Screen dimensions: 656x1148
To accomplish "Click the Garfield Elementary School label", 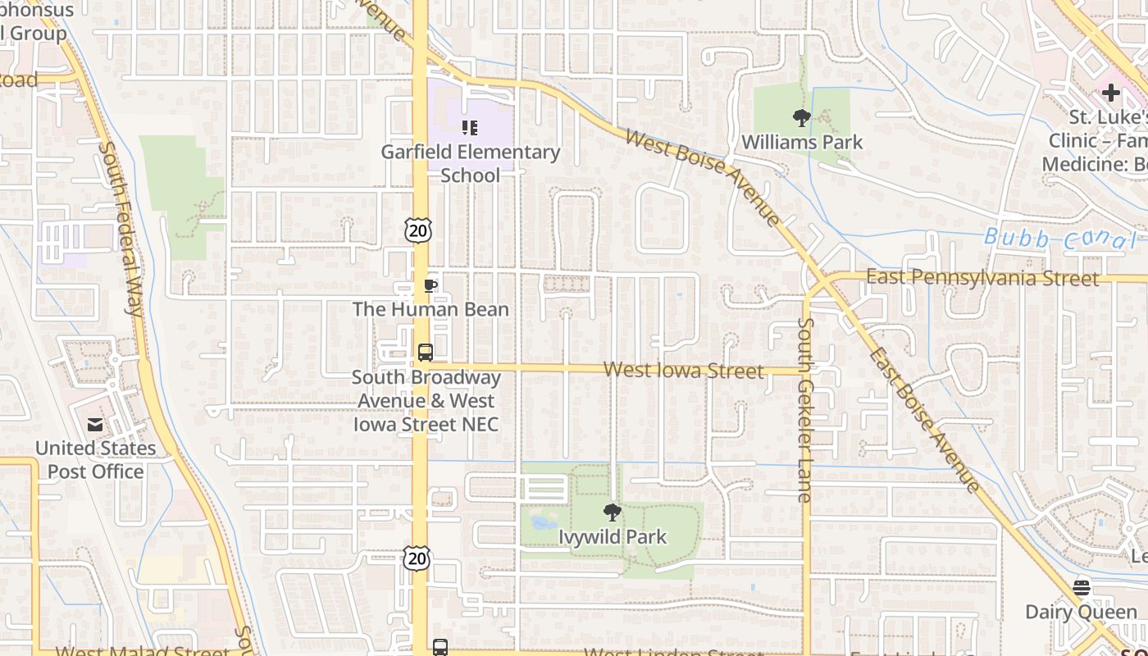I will (470, 163).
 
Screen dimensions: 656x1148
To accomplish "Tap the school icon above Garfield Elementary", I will (470, 127).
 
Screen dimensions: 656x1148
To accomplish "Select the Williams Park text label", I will (802, 142).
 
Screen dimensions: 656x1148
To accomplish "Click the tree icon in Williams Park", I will (802, 118).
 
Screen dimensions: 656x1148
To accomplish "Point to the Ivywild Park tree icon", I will (612, 513).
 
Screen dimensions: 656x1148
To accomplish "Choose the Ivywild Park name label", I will (613, 537).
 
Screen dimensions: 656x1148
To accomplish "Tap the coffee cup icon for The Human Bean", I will (430, 285).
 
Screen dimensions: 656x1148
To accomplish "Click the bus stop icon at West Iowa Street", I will (425, 353).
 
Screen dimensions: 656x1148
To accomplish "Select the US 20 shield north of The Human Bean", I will (417, 230).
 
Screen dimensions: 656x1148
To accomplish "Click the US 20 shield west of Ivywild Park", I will (417, 558).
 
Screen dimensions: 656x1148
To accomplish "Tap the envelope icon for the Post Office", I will (95, 424).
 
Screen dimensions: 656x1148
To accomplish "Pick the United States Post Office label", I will (95, 460).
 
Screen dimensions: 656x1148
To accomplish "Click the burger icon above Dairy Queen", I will (1081, 587).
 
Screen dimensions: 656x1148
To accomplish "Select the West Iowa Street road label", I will (683, 371).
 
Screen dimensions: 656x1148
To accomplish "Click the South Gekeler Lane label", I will (804, 408).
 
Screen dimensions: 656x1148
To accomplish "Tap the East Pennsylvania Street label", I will (982, 278).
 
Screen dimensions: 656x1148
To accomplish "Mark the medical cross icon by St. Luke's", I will (1110, 93).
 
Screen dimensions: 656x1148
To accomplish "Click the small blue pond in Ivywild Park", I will (543, 522).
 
